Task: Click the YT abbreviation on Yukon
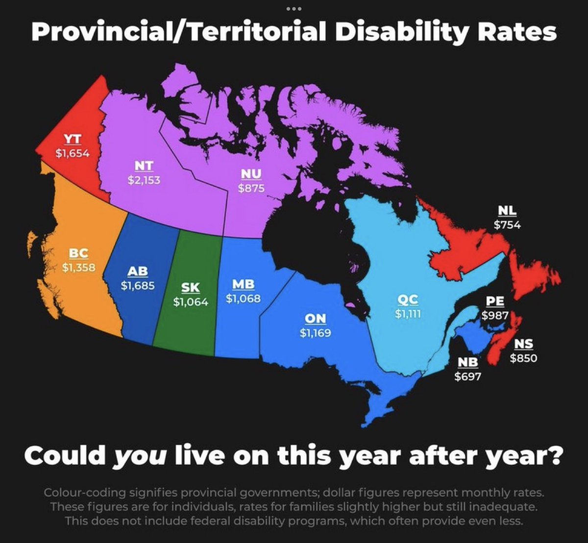tap(72, 139)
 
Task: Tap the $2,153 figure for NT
tap(144, 180)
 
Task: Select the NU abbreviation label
tap(251, 174)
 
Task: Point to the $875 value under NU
tap(251, 188)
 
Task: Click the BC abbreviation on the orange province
tap(78, 254)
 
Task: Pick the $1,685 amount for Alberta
tap(138, 285)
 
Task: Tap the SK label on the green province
tap(191, 288)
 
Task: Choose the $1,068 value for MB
tap(243, 298)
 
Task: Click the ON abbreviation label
tap(315, 319)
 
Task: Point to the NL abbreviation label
tap(507, 211)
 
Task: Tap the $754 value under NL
tap(507, 225)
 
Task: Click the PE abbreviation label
tap(495, 301)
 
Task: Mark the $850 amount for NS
tap(523, 358)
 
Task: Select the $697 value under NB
tap(467, 377)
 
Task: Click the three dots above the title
tap(294, 9)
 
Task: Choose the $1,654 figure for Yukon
tap(72, 153)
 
